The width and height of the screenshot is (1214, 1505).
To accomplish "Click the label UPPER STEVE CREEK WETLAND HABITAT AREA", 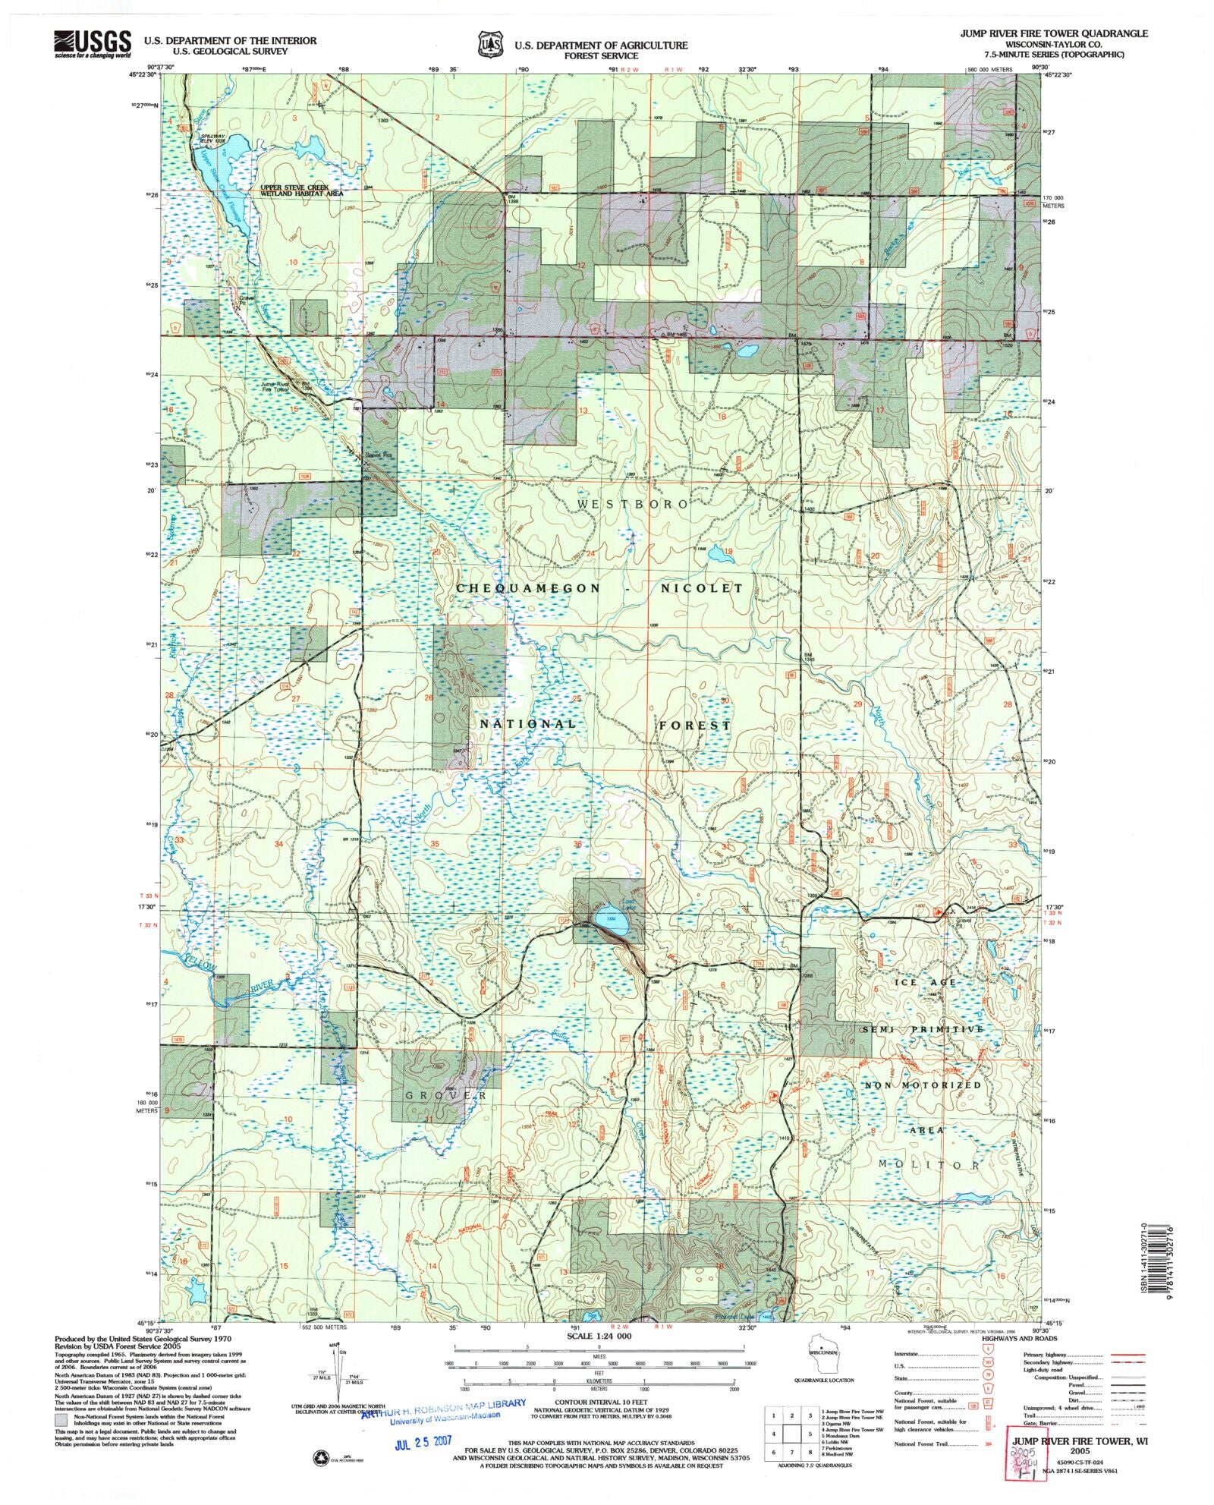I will click(302, 190).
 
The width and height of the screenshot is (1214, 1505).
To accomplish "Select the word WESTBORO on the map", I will click(633, 504).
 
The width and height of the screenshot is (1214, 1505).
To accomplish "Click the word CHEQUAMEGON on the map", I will click(528, 588).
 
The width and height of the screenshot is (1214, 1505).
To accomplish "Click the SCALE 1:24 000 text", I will click(598, 1336).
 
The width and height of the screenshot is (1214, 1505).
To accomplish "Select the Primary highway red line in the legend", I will click(1127, 1355).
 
